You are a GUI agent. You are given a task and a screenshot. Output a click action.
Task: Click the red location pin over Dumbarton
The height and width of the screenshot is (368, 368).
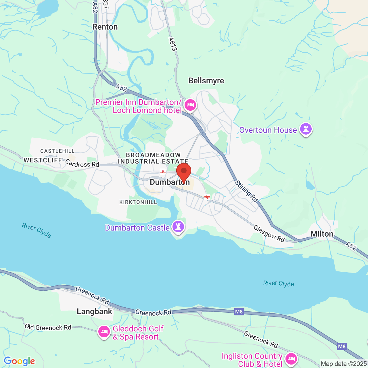coord(184,172)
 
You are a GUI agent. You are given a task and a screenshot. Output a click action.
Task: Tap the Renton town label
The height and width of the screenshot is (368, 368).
coord(105,27)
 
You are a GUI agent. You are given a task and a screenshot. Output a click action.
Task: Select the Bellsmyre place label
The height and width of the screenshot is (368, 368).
coord(206,81)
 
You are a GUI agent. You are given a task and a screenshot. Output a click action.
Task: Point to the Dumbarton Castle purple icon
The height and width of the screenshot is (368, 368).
coord(178,227)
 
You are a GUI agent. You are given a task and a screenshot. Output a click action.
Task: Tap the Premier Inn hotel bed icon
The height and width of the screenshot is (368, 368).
coord(190,105)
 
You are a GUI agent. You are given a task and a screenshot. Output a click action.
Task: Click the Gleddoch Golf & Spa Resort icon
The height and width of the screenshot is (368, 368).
coord(104,332)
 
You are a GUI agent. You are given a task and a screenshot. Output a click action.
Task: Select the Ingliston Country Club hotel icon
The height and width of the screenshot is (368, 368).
coord(291,359)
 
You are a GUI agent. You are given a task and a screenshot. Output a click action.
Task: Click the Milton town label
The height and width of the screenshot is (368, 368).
coord(322,234)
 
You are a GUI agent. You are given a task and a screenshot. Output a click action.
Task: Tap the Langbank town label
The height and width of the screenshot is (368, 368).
coord(94,312)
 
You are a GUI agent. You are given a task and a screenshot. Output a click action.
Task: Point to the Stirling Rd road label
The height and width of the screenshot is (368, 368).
coord(246,191)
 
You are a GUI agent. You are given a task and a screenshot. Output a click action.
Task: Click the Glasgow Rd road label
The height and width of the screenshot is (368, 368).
coord(269,233)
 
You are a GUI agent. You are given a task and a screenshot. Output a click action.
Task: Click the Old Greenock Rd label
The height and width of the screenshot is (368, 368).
coord(48,327)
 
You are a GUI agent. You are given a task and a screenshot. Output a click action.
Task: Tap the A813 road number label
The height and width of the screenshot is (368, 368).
coord(172,44)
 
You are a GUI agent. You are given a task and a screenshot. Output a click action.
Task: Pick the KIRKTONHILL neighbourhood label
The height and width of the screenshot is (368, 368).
coord(138,202)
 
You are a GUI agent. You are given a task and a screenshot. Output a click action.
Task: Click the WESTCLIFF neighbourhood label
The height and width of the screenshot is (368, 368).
coord(43,160)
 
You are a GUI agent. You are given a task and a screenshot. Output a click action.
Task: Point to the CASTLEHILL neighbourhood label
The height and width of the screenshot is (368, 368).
coord(57,151)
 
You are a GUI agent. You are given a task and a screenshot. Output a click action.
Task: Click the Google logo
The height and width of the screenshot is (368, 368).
coord(20,361)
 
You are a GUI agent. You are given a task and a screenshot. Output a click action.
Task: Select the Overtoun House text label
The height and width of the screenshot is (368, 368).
coord(268,130)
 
